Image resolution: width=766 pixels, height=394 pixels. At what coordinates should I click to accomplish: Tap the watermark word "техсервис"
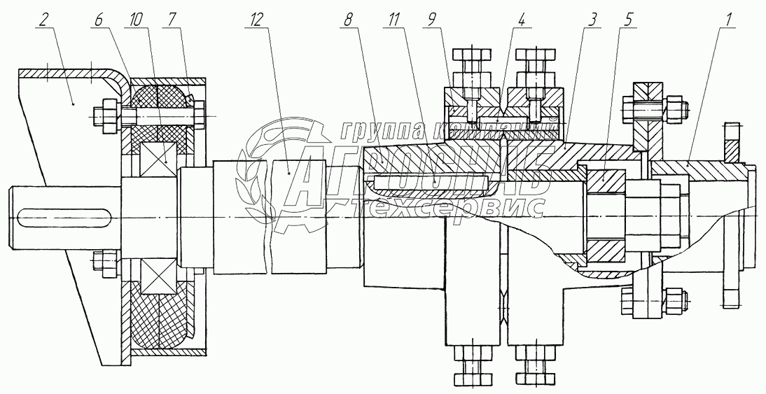448,207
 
